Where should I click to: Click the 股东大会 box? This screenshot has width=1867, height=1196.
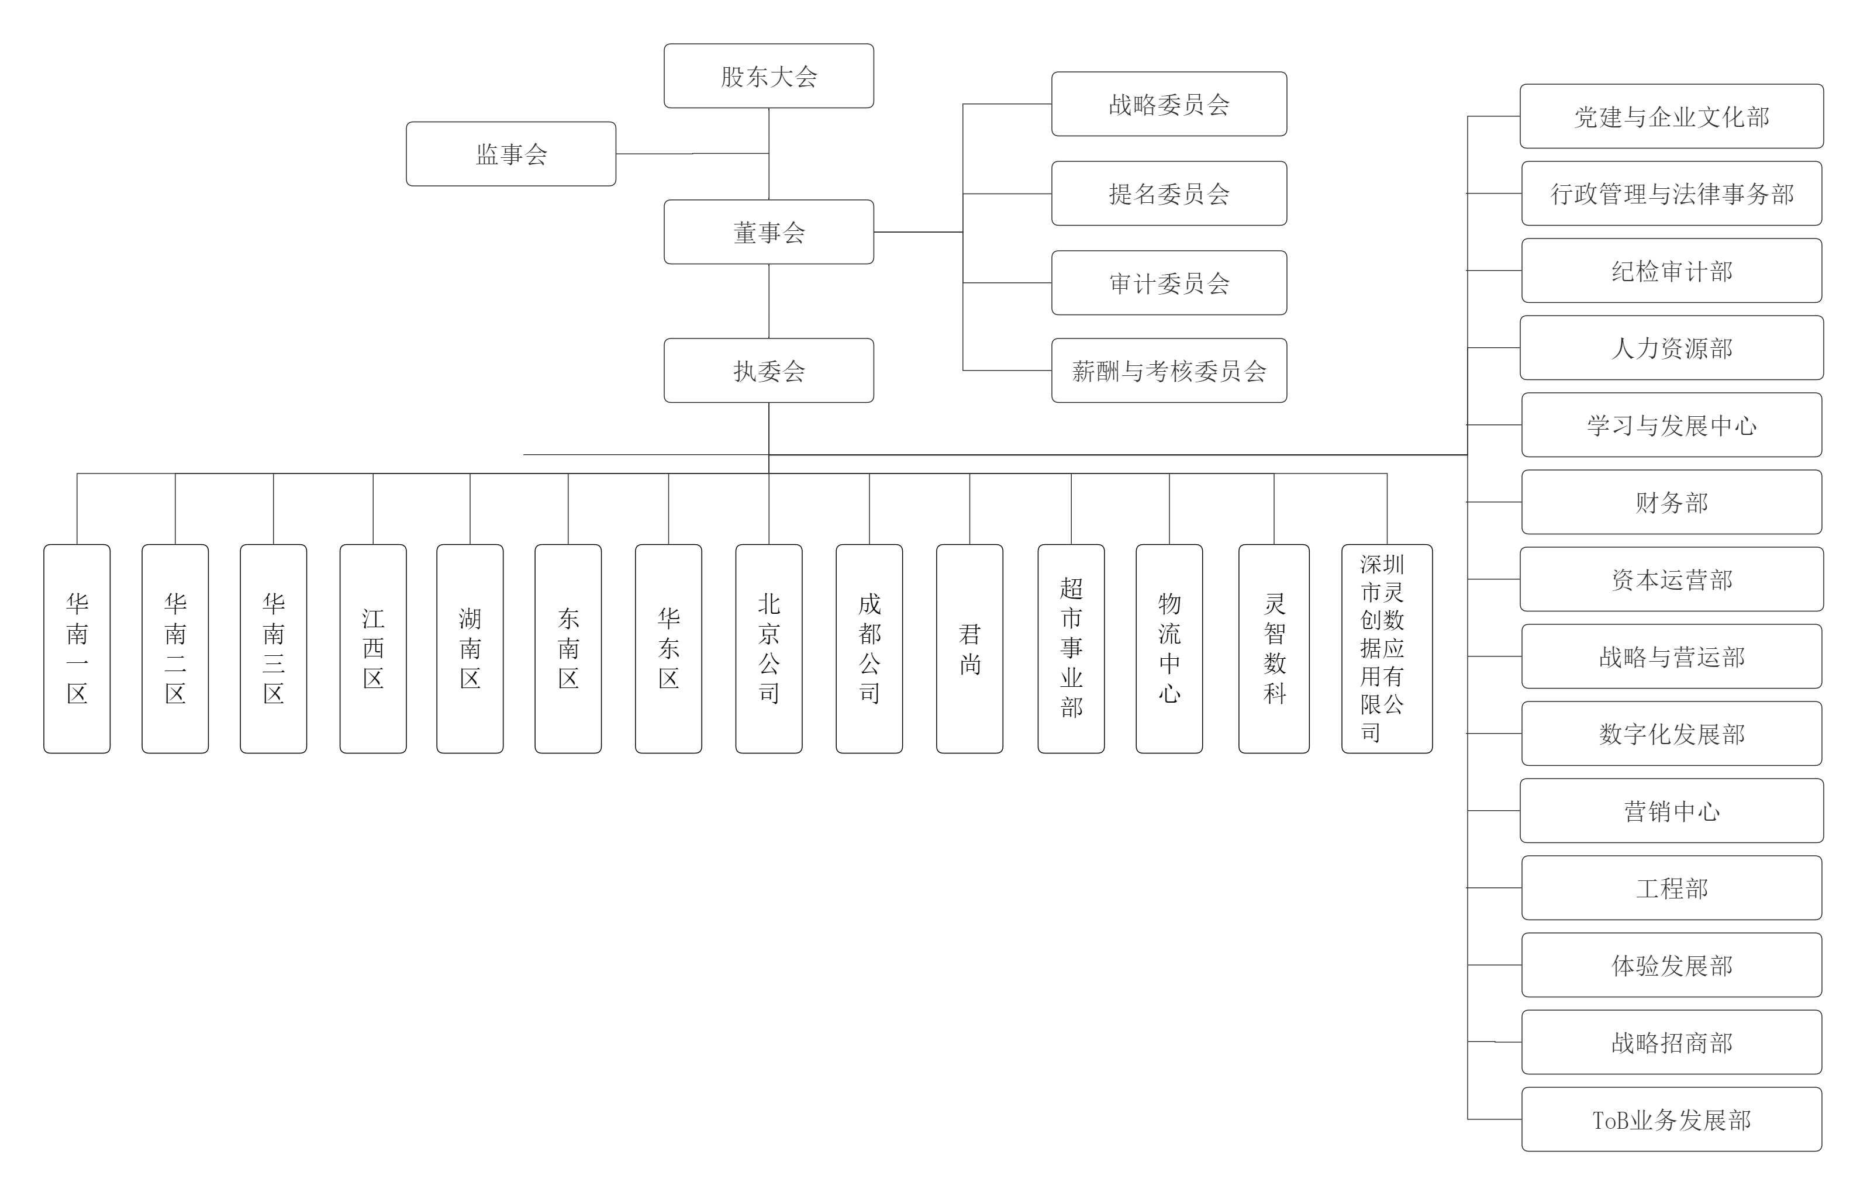768,76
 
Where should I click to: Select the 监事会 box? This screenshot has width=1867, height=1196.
511,154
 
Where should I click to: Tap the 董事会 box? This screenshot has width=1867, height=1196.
768,232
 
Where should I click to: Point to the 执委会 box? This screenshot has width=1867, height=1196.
768,371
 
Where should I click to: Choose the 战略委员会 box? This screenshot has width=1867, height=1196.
1169,104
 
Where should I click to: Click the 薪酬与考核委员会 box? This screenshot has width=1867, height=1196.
1169,371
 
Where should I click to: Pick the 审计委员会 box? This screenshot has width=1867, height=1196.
1169,283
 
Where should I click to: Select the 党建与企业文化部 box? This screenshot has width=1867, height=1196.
1671,116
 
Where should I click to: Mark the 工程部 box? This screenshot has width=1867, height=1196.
1671,888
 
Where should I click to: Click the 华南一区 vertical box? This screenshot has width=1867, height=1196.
77,648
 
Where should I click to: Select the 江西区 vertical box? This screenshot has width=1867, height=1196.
373,648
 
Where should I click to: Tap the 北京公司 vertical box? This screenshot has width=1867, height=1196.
769,648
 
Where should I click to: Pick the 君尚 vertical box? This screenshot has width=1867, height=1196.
969,648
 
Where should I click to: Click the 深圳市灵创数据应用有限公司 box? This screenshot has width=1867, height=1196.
1386,648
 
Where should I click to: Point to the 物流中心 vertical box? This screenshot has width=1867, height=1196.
1169,648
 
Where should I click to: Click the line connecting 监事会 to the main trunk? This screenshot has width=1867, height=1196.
691,154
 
